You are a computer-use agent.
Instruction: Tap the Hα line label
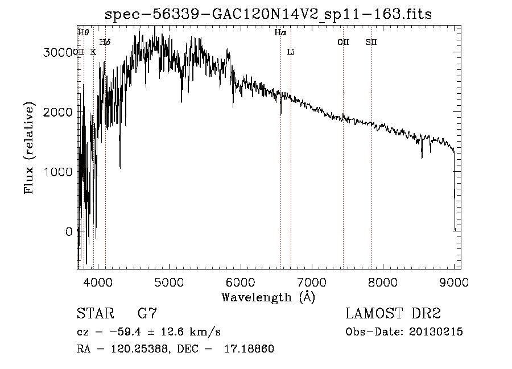pos(280,33)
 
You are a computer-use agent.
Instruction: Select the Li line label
pos(290,52)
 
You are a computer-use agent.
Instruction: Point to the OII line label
pos(343,42)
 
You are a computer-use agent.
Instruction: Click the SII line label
pos(371,42)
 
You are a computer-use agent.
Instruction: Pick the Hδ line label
pos(105,42)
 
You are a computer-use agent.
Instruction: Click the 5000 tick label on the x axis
pos(168,282)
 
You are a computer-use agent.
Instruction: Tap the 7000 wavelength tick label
pos(311,282)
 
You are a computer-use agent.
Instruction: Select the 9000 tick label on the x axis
pos(454,282)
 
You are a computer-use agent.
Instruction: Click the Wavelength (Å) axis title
pos(267,297)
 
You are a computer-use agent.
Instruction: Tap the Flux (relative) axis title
pos(28,149)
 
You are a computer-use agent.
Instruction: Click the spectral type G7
pos(147,313)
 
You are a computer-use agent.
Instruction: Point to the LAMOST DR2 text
pos(393,313)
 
